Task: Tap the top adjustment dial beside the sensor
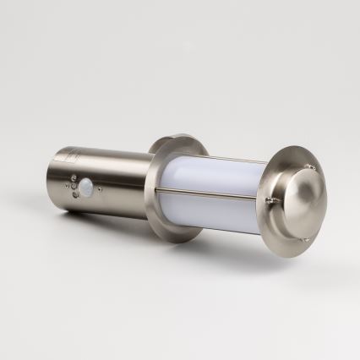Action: (x=73, y=180)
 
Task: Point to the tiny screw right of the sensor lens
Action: (x=101, y=188)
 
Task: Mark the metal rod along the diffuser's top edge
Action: (x=220, y=161)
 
